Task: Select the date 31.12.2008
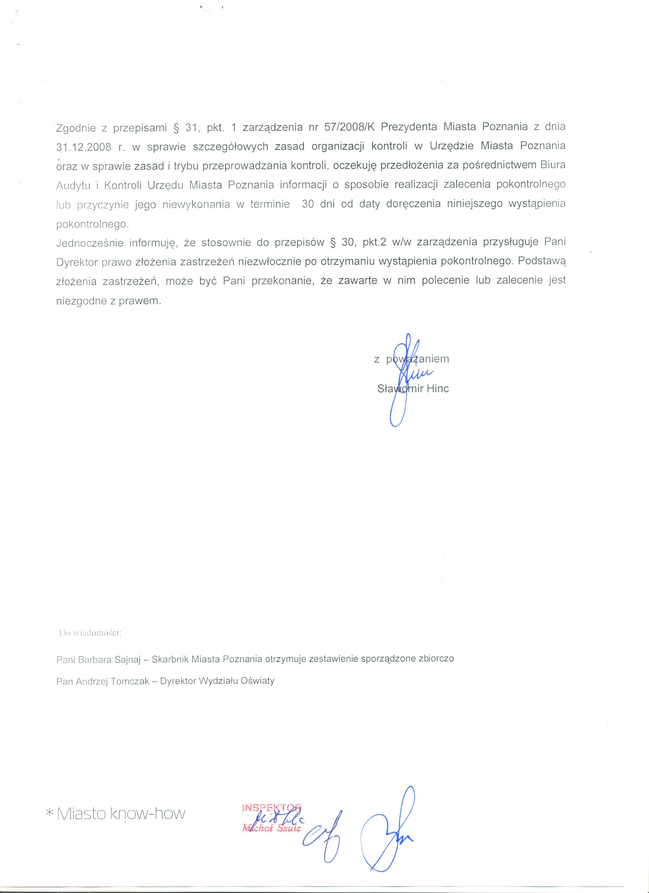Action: point(84,147)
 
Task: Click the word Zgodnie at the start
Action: point(76,128)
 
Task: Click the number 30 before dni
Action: point(308,204)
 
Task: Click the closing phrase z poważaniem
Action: point(412,359)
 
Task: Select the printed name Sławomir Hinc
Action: point(413,388)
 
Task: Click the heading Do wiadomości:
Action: point(90,633)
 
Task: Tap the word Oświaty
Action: point(258,681)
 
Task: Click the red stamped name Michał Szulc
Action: point(272,828)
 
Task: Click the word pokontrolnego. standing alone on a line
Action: point(92,224)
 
